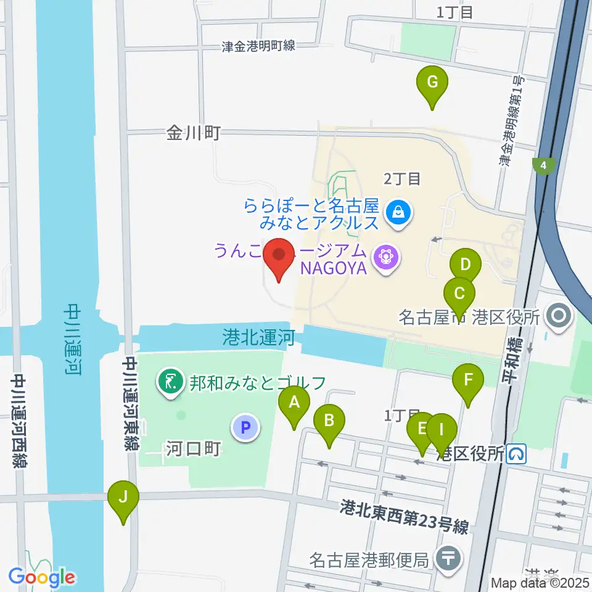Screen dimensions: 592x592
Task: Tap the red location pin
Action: (279, 256)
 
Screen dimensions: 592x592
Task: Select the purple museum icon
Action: (387, 255)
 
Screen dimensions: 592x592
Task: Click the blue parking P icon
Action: (245, 427)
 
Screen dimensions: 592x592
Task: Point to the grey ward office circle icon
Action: (559, 318)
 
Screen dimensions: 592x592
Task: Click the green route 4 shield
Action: (544, 166)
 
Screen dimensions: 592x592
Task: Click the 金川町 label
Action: (193, 133)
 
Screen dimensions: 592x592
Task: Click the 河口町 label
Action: (193, 449)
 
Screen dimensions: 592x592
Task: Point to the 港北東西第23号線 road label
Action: (404, 517)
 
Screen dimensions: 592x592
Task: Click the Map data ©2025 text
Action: (539, 582)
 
